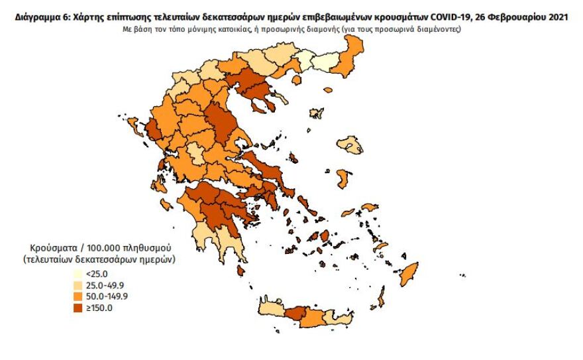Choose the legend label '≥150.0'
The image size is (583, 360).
pyautogui.click(x=99, y=307)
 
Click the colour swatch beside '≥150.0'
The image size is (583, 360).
pyautogui.click(x=78, y=307)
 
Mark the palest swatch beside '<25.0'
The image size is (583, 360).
pyautogui.click(x=78, y=273)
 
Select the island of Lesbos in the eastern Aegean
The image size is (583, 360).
pyautogui.click(x=349, y=144)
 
